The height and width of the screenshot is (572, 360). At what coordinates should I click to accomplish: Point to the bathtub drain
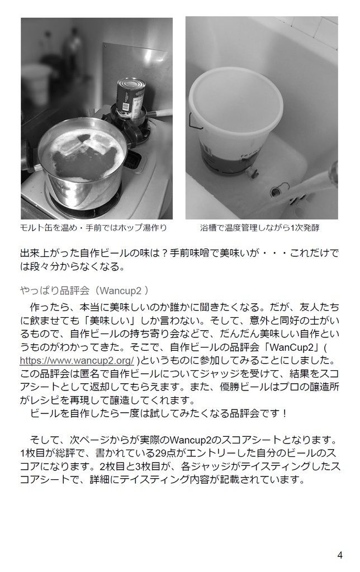275,192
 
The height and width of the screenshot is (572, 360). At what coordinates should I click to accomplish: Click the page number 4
340,555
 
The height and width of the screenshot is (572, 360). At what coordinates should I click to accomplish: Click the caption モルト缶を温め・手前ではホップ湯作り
93,228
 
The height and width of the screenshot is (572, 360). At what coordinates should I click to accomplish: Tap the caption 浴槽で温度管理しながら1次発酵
262,228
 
